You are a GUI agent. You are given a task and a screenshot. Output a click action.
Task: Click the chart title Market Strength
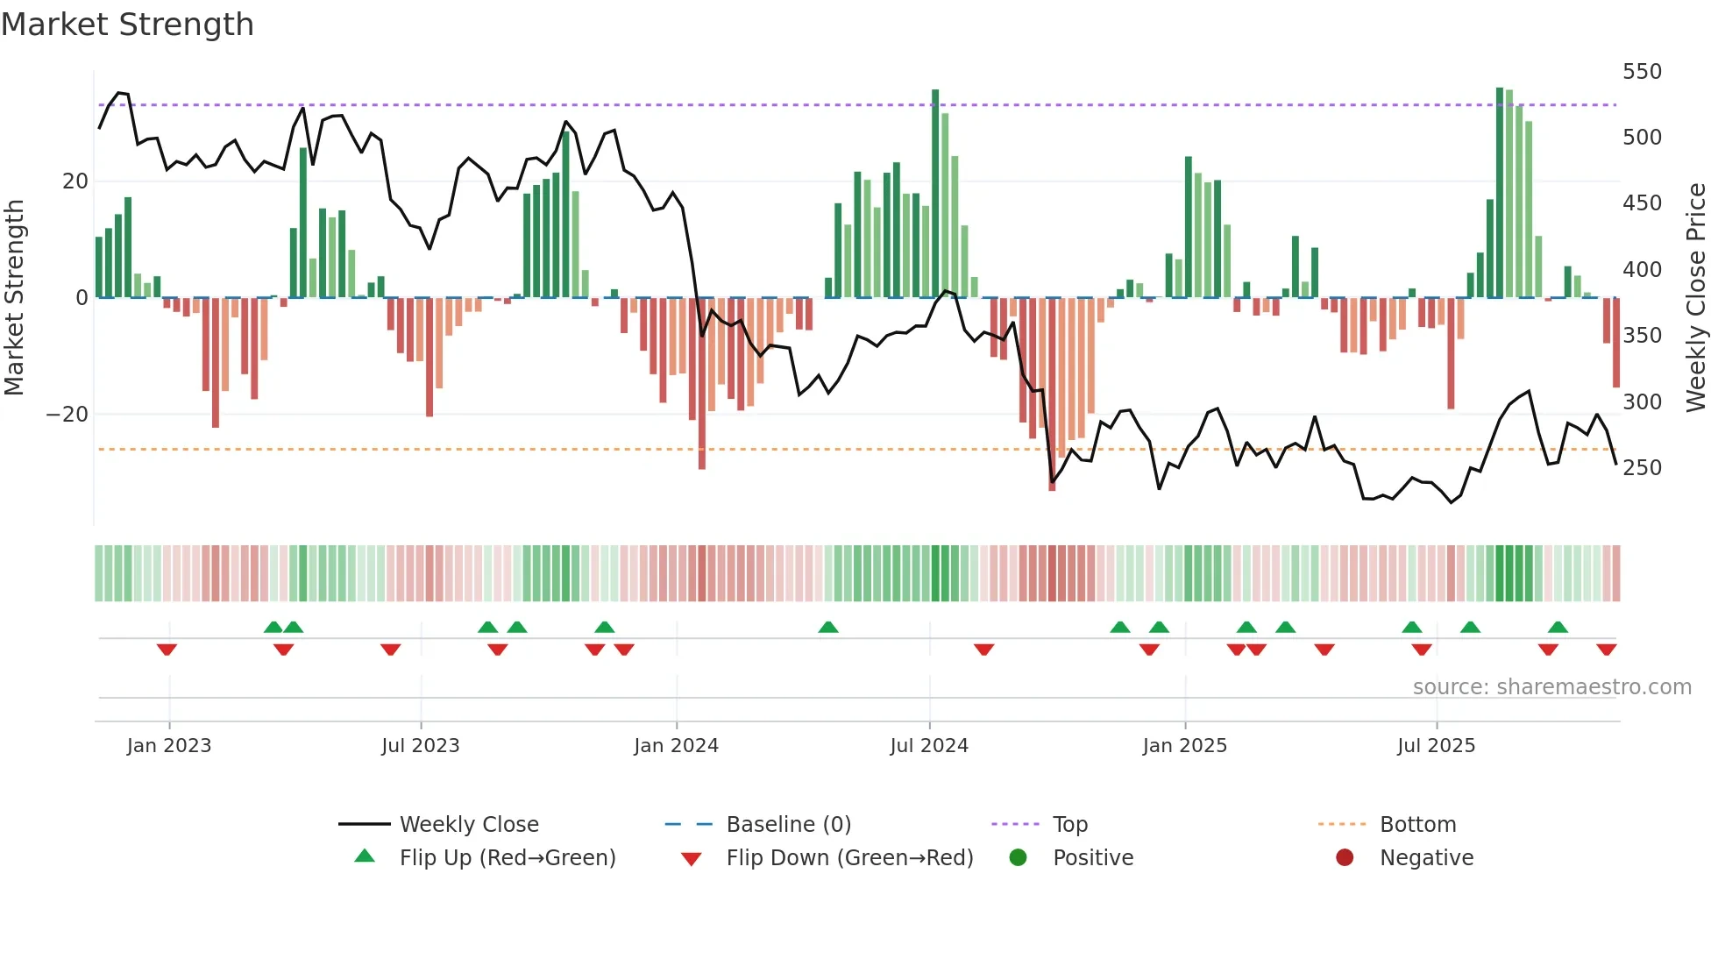[x=127, y=25]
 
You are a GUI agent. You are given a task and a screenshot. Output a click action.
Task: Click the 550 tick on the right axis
[x=1641, y=72]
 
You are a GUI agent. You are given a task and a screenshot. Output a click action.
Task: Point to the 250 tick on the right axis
[x=1641, y=468]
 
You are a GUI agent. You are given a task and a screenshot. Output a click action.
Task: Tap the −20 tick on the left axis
[x=67, y=415]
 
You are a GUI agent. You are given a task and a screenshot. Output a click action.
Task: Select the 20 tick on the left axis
[x=75, y=181]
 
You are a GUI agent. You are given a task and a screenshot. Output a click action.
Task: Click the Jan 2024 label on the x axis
[x=676, y=746]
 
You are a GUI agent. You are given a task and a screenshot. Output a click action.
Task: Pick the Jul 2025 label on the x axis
[x=1436, y=746]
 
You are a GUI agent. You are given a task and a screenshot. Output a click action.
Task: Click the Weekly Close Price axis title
[x=1696, y=298]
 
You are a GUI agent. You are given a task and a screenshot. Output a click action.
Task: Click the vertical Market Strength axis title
[x=15, y=298]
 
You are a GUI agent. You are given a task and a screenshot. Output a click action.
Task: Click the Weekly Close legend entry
[x=469, y=825]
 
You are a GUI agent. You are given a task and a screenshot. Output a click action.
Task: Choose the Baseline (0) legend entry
[x=788, y=825]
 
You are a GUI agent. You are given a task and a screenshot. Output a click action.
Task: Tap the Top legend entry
[x=1069, y=825]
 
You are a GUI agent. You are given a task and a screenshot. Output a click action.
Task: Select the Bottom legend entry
[x=1417, y=825]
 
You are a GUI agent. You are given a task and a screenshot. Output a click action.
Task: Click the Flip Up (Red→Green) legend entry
[x=507, y=858]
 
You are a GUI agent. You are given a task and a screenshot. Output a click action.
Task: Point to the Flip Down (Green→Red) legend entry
[x=849, y=858]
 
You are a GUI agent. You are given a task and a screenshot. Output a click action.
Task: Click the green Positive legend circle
[x=1018, y=857]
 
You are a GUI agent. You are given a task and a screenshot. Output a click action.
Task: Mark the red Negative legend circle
[x=1345, y=857]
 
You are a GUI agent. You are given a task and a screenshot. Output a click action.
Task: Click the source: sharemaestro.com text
[x=1551, y=687]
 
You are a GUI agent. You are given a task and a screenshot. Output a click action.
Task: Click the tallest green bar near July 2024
[x=935, y=193]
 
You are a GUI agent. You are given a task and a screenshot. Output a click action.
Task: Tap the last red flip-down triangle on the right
[x=1606, y=650]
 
